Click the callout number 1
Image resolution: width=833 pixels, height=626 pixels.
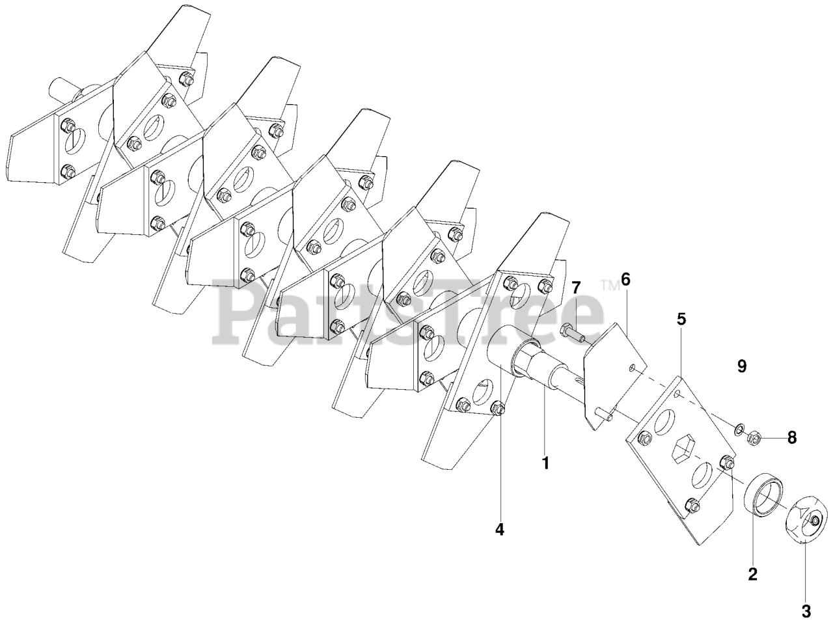[x=545, y=463]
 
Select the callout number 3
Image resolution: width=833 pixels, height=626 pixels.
[x=806, y=611]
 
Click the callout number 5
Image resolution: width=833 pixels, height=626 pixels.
[x=681, y=319]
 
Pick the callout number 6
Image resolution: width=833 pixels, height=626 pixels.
[x=625, y=279]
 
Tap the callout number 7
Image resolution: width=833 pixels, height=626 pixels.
[x=576, y=288]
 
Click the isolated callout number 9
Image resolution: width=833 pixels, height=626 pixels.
[x=741, y=366]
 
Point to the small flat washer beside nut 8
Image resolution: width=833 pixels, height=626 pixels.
[x=738, y=430]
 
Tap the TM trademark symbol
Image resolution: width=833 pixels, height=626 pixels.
[x=610, y=285]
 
